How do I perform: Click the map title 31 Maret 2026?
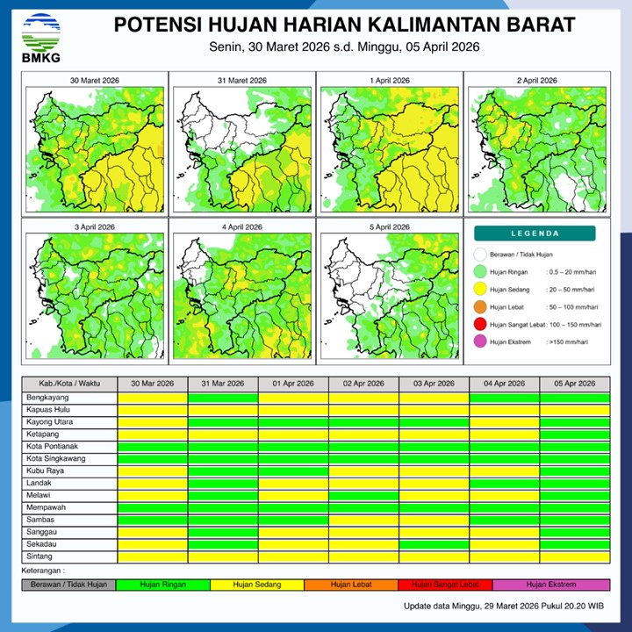point(241,81)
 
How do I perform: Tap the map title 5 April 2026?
point(390,227)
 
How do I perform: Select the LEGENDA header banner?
point(535,233)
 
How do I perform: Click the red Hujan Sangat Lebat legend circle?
point(480,325)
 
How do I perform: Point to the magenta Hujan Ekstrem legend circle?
point(480,342)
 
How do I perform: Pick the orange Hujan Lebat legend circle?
point(480,307)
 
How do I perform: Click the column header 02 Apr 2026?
point(363,384)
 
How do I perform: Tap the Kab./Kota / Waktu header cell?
point(69,384)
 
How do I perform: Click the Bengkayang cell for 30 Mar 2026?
point(153,398)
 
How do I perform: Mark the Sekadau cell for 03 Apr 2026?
point(434,544)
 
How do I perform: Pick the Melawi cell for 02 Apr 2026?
point(363,495)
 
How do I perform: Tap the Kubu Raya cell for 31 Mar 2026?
point(223,470)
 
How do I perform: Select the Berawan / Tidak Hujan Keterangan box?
point(68,585)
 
